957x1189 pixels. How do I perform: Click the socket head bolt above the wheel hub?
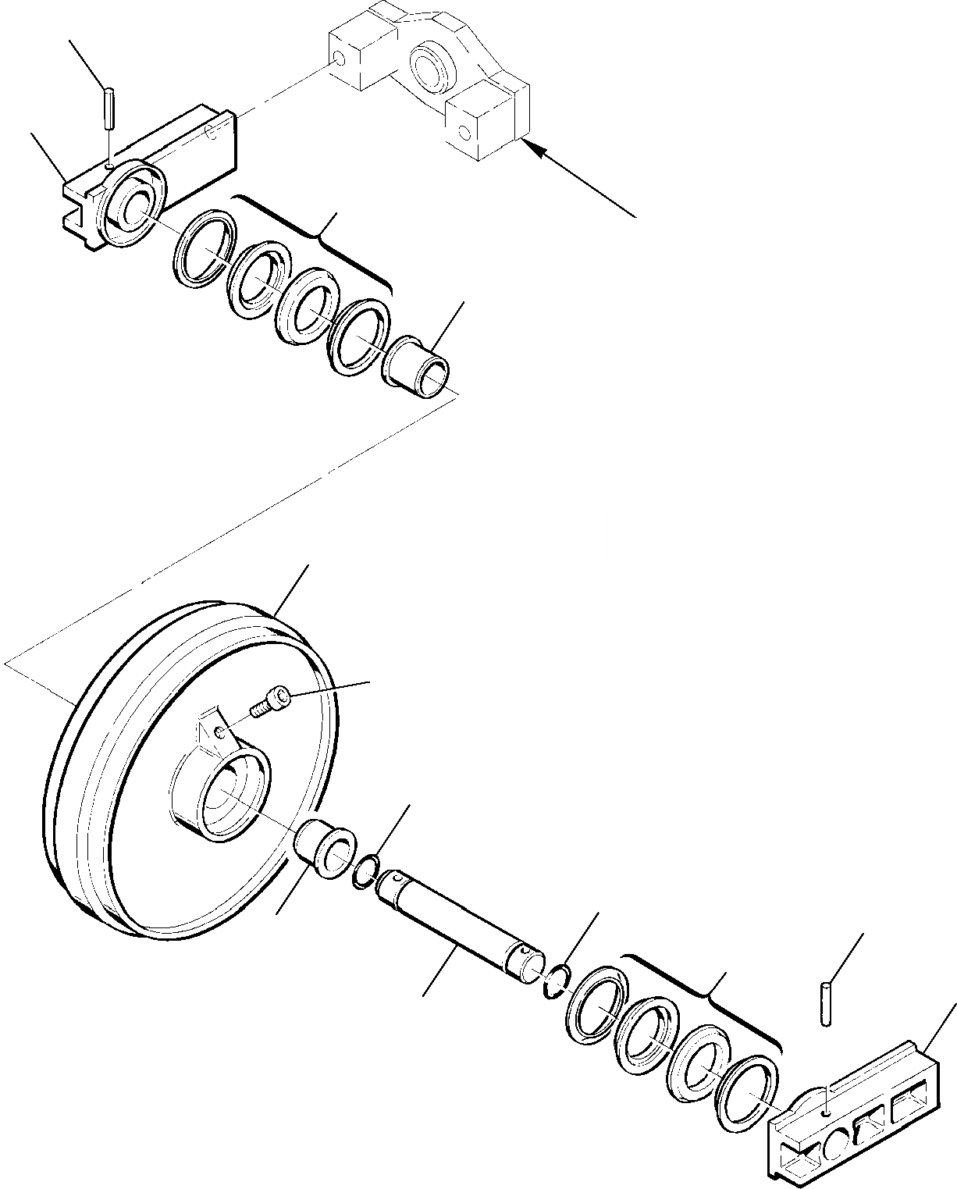coord(270,700)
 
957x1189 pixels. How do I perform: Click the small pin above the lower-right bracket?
coord(828,1002)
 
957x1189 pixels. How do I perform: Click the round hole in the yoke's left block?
coord(339,59)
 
